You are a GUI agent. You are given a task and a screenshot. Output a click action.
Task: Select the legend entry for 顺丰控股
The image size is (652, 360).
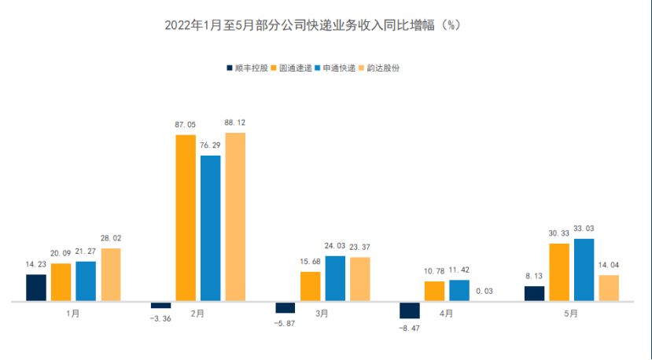[245, 68]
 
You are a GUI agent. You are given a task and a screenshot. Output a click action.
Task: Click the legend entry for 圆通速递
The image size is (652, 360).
[291, 68]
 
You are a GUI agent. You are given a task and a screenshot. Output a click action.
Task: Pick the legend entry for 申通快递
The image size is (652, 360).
[336, 68]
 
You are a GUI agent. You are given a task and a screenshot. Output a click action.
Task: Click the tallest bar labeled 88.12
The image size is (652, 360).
[235, 217]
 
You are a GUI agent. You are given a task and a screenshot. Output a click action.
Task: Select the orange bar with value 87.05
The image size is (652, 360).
[186, 218]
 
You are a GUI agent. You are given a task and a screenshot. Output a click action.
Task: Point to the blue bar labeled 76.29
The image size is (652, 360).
[211, 228]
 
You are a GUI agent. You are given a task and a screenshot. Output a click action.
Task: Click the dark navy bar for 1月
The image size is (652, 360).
[36, 288]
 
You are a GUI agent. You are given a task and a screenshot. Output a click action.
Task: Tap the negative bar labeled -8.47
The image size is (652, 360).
[409, 310]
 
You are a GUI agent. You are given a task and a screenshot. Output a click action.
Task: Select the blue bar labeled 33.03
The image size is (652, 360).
[584, 270]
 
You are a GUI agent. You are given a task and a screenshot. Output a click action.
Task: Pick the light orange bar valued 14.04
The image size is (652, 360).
[609, 288]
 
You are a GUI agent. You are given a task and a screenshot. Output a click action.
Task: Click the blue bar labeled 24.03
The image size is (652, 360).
[335, 278]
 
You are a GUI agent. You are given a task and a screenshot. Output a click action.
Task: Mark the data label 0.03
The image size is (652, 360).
[484, 292]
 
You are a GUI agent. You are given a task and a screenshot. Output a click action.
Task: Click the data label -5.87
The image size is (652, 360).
[285, 324]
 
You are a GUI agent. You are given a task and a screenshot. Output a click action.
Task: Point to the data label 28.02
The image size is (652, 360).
[111, 238]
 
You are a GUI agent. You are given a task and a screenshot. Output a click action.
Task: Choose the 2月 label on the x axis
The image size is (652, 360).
[197, 313]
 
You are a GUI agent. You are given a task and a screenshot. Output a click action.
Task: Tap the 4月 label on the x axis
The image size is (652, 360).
[446, 313]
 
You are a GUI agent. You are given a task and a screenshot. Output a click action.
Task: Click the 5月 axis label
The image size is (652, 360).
[571, 313]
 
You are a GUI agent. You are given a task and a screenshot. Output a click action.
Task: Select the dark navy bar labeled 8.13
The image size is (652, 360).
[534, 293]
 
